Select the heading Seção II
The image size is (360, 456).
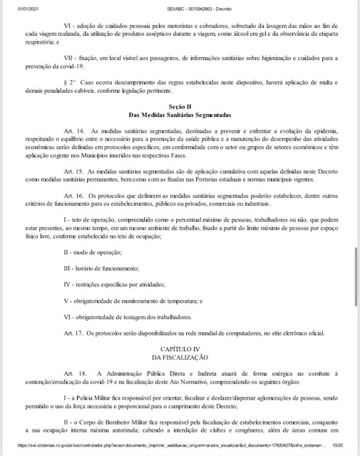pos(180,125)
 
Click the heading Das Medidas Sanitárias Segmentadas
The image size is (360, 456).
pos(180,134)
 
